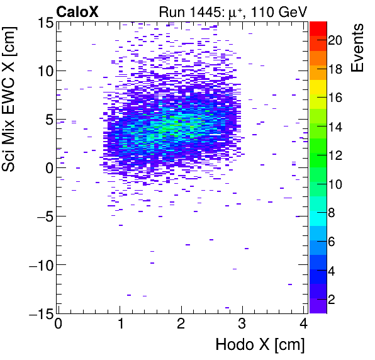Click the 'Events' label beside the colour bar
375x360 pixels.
click(359, 48)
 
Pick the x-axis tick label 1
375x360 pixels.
click(120, 325)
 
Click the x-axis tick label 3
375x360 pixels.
click(243, 325)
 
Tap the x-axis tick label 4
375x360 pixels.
click(304, 325)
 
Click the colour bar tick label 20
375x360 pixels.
click(335, 40)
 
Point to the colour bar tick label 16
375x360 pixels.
click(335, 98)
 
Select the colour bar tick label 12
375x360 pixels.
click(335, 155)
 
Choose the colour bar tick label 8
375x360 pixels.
click(332, 213)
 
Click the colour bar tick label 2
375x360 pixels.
click(332, 300)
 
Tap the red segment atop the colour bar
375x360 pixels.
click(318, 27)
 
